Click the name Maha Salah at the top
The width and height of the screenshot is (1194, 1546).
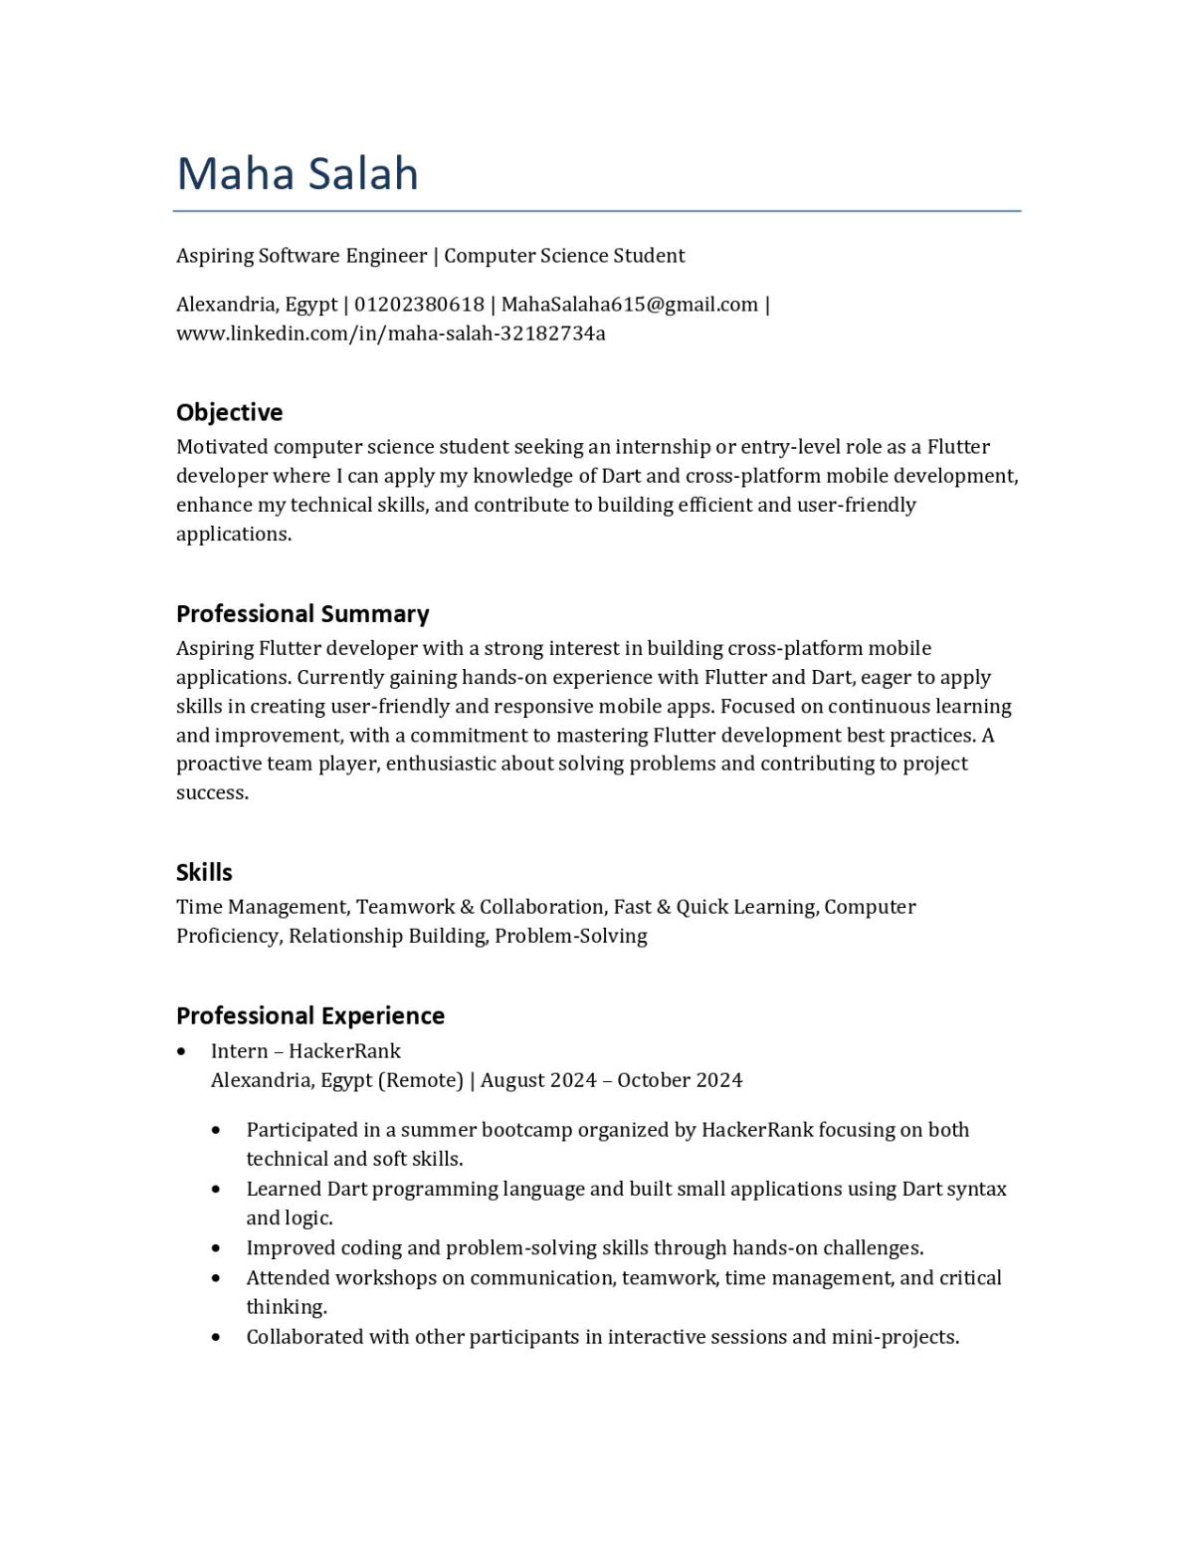pyautogui.click(x=298, y=174)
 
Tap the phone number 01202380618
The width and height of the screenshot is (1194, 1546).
pyautogui.click(x=419, y=305)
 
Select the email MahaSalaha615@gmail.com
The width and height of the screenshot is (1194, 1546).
pyautogui.click(x=629, y=305)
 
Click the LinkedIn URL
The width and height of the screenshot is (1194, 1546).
pyautogui.click(x=391, y=333)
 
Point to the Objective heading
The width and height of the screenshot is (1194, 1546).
pyautogui.click(x=229, y=412)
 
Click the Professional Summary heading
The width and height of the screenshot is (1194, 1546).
pyautogui.click(x=302, y=613)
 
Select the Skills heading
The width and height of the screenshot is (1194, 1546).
pyautogui.click(x=204, y=872)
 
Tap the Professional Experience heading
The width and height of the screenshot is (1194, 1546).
pyautogui.click(x=310, y=1015)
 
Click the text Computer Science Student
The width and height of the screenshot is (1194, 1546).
pyautogui.click(x=564, y=256)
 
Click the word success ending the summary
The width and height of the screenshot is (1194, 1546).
pyautogui.click(x=211, y=793)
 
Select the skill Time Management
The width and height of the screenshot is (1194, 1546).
pyautogui.click(x=262, y=907)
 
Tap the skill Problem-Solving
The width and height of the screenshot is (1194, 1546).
pyautogui.click(x=571, y=936)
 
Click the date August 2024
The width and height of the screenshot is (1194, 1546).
pyautogui.click(x=538, y=1080)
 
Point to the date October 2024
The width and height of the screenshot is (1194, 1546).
pyautogui.click(x=680, y=1080)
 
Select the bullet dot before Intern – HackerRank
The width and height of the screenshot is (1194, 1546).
pyautogui.click(x=181, y=1051)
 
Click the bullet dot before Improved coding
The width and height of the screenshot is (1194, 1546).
pyautogui.click(x=216, y=1248)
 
